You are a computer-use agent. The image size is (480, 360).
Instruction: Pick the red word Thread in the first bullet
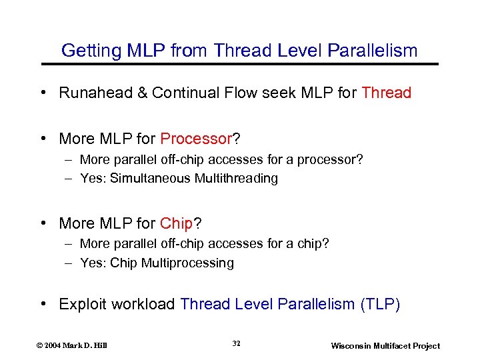tap(386, 93)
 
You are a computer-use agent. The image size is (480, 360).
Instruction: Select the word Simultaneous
tap(150, 178)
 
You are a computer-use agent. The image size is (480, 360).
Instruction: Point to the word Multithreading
tap(236, 178)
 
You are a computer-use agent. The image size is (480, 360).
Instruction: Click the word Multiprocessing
tap(187, 263)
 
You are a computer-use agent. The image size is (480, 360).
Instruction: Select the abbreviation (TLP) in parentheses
tap(380, 305)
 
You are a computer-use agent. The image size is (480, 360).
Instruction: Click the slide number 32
tap(237, 343)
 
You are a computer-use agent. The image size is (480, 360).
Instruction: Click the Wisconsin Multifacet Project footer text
tap(385, 345)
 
